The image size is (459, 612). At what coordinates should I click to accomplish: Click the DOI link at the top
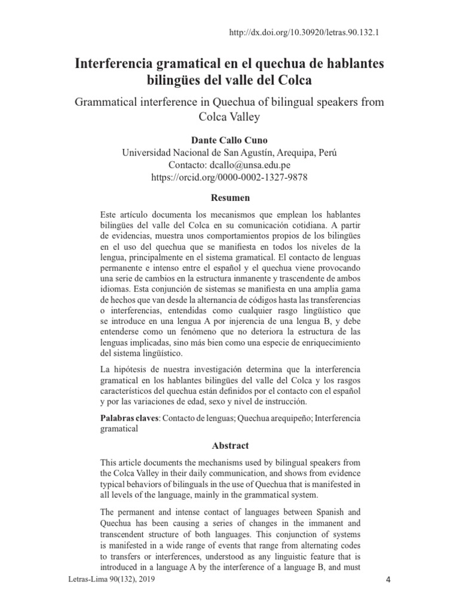[305, 32]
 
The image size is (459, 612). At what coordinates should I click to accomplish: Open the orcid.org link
[229, 178]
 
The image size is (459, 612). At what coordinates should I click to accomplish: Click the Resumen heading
[229, 197]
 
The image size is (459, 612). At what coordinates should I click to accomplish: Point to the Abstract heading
[230, 446]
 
